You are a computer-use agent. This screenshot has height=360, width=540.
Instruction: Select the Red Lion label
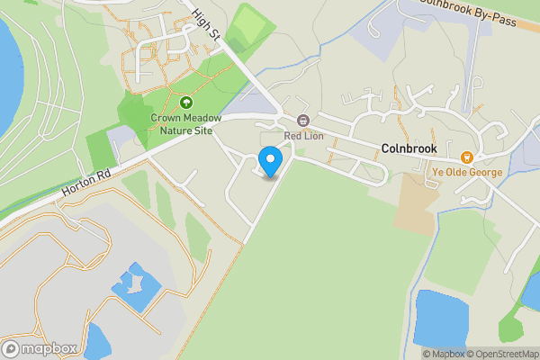tap(303, 136)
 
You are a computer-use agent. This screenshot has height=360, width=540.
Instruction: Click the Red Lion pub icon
tap(303, 121)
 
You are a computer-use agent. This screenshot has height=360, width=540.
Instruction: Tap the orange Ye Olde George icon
tap(466, 157)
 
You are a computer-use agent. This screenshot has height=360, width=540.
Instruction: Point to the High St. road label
tap(207, 24)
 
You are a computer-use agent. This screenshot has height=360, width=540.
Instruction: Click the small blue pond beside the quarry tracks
tap(137, 286)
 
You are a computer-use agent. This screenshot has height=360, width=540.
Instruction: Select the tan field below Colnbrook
tap(416, 202)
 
